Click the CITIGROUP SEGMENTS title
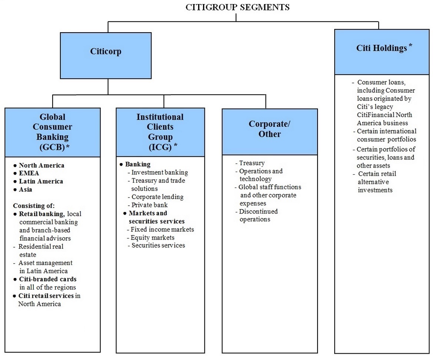click(238, 7)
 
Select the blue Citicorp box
click(106, 56)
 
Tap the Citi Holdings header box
click(382, 52)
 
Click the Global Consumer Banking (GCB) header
click(53, 132)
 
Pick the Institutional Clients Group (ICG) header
click(160, 132)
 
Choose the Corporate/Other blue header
click(270, 132)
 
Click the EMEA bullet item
click(26, 173)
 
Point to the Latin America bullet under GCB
click(38, 181)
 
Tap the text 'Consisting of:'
click(34, 206)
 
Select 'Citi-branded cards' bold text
click(48, 279)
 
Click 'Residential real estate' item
click(39, 250)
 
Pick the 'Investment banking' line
click(158, 172)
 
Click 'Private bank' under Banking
click(147, 205)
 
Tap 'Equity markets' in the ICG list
click(151, 238)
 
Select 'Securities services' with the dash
click(156, 245)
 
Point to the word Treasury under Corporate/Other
click(252, 163)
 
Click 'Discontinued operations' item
click(257, 215)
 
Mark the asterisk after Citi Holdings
click(410, 45)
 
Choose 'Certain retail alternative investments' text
click(375, 182)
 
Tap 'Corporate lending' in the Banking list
click(156, 197)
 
